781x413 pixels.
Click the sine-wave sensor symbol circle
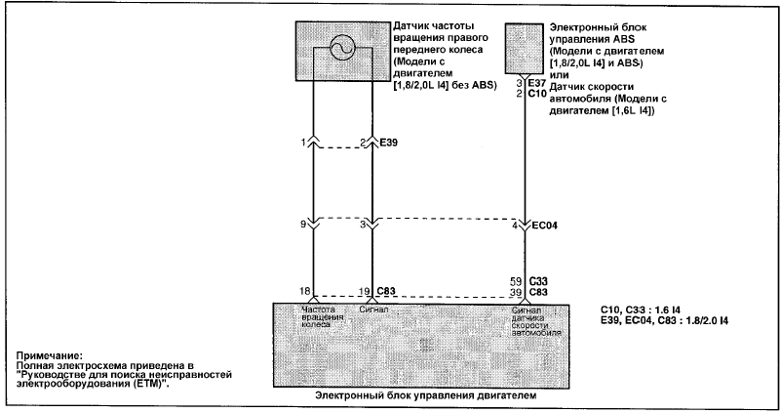click(x=342, y=50)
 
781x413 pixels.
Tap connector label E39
click(x=388, y=143)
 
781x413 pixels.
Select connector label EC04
click(x=545, y=226)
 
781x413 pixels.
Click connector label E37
click(x=537, y=83)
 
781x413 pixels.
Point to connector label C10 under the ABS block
click(x=537, y=94)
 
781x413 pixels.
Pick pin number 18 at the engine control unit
click(x=305, y=291)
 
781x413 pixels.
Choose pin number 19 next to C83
click(x=365, y=291)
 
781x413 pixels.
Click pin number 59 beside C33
click(x=516, y=282)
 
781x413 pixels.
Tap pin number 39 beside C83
click(x=516, y=292)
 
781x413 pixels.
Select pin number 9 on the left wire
click(x=303, y=225)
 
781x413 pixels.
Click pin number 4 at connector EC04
click(x=515, y=226)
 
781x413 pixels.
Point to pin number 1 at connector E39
click(x=303, y=143)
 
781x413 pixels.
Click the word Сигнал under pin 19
click(x=373, y=310)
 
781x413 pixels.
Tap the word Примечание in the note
click(x=49, y=356)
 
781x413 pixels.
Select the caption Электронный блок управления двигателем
click(x=426, y=395)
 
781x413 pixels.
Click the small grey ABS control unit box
click(x=525, y=49)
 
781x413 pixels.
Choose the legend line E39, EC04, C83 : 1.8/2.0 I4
click(x=664, y=320)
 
